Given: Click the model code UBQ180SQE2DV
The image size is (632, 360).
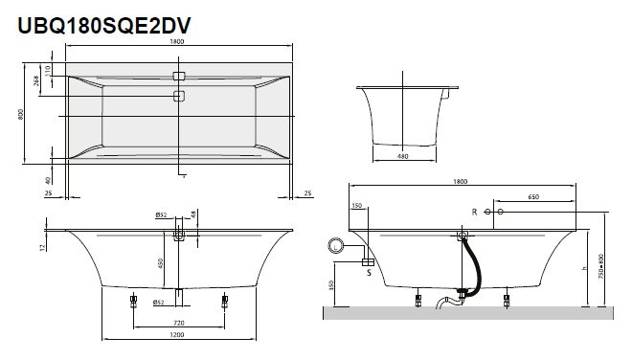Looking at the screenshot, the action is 104,26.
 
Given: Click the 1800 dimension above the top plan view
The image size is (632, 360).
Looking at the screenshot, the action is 177,41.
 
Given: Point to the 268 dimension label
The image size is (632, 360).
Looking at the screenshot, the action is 36,80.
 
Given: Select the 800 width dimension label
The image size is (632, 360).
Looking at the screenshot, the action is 20,114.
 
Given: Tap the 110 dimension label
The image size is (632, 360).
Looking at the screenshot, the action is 48,70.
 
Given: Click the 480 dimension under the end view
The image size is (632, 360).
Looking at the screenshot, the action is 402,156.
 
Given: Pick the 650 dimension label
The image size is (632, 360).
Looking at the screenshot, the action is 533,196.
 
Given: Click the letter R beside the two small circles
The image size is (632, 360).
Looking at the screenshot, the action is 474,212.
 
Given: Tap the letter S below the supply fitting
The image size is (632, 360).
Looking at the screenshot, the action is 369,273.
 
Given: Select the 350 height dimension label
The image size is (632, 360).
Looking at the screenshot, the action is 331,285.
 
